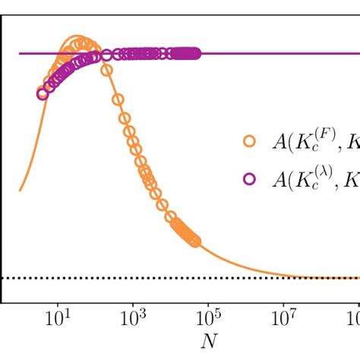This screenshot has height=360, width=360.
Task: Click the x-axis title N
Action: coord(208,343)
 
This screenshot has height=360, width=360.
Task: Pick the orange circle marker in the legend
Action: coord(248,141)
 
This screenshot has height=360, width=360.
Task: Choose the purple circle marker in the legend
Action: coord(248,179)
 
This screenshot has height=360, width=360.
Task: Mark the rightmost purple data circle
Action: coord(196,53)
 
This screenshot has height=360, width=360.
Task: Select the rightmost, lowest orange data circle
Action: coord(195,242)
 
